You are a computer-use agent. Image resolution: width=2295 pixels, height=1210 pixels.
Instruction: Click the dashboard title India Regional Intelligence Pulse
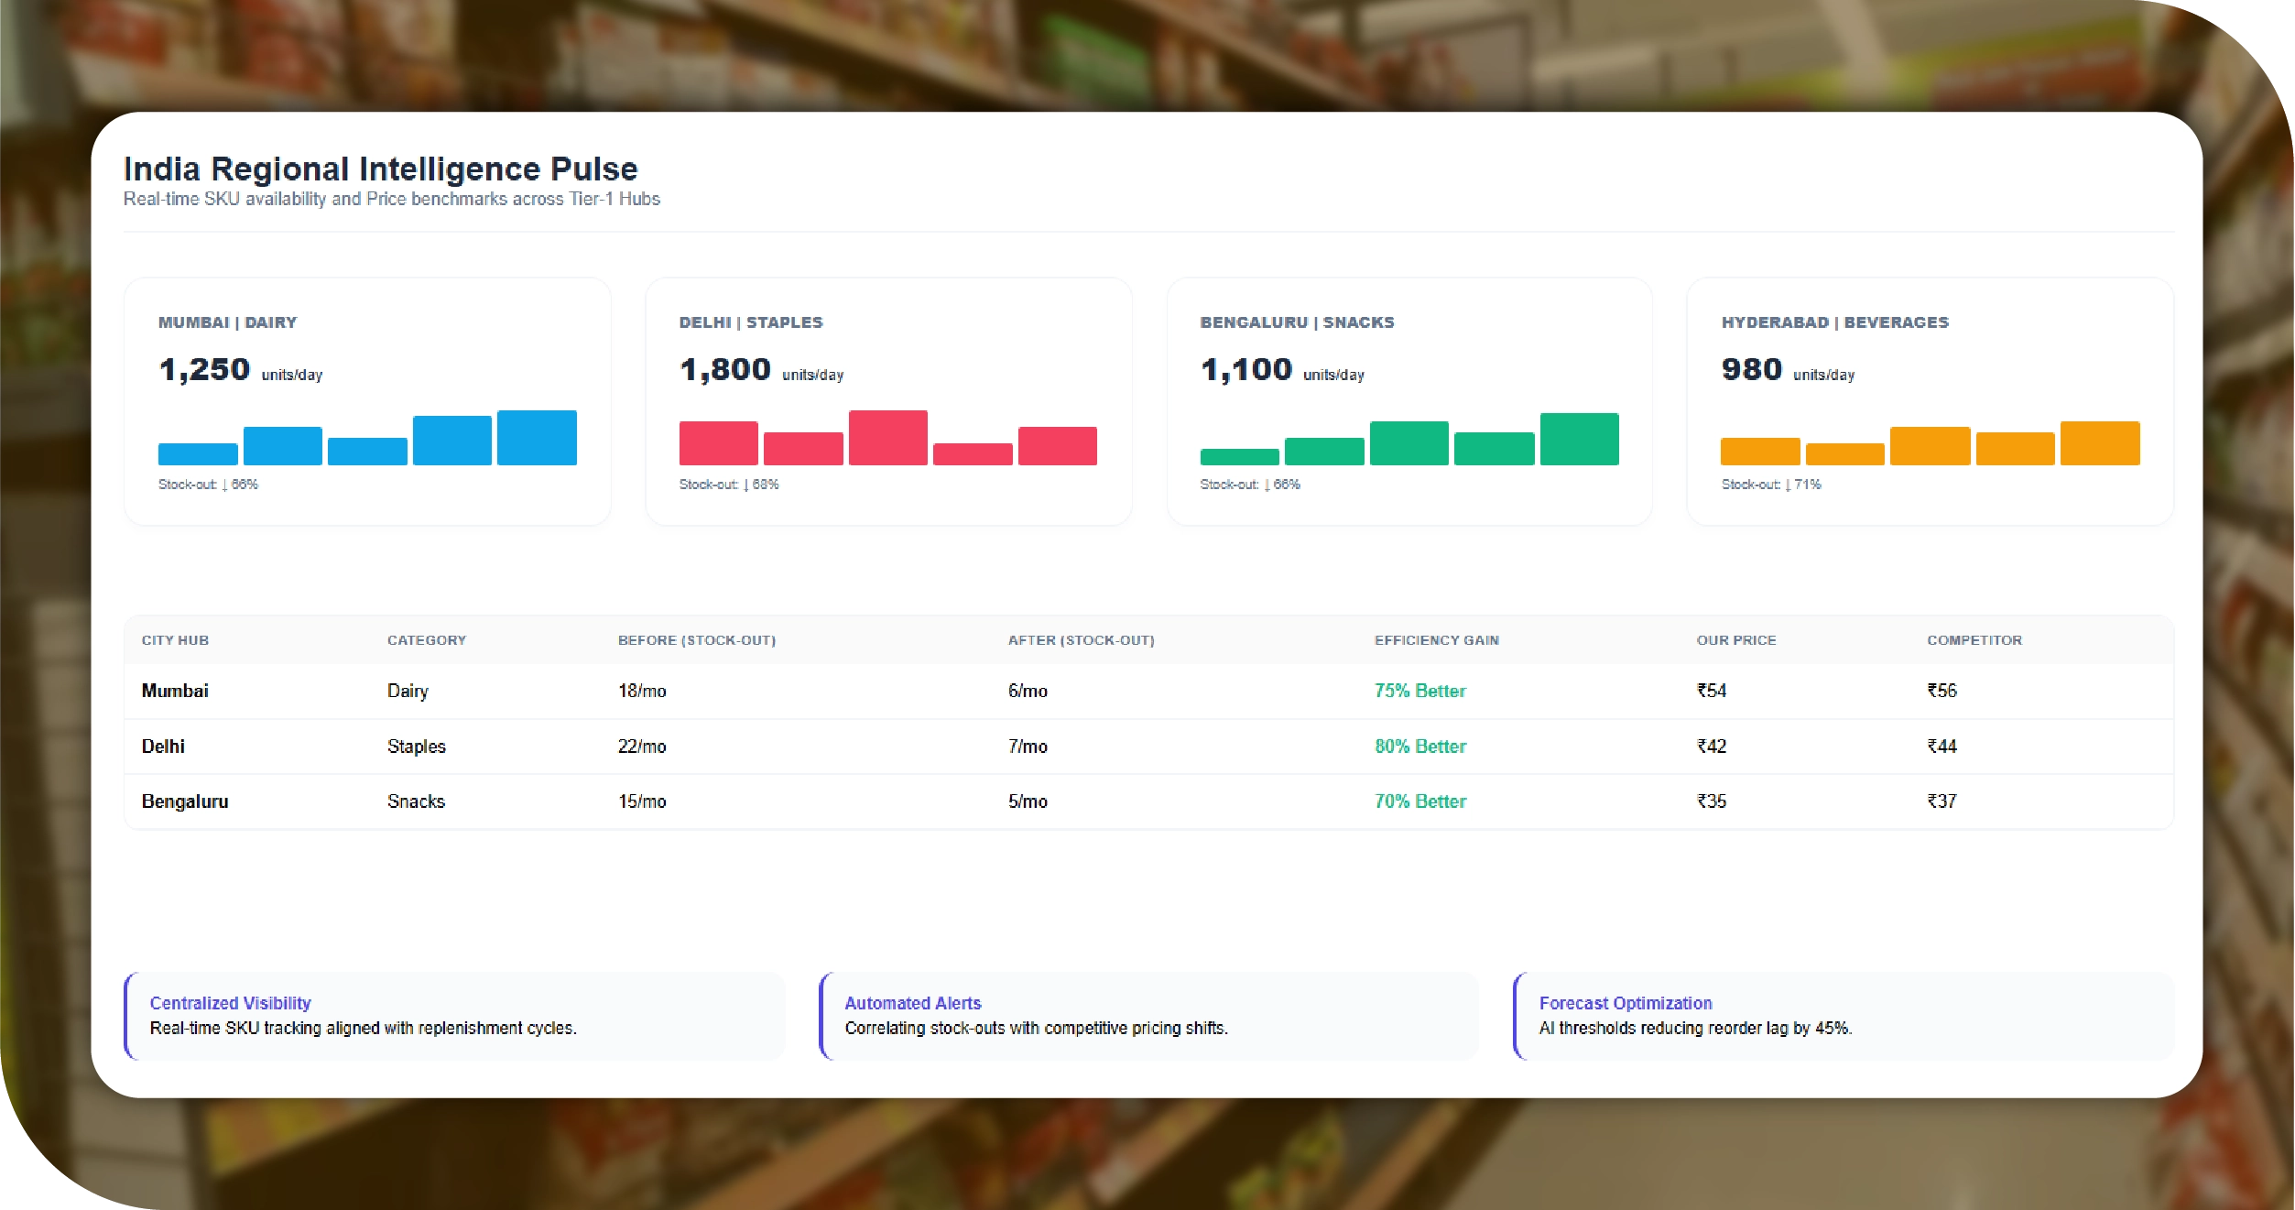pyautogui.click(x=380, y=169)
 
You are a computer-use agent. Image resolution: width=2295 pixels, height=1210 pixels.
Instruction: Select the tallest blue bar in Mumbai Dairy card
pyautogui.click(x=537, y=438)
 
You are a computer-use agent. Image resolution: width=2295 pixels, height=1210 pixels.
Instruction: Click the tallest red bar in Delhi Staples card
pyautogui.click(x=887, y=438)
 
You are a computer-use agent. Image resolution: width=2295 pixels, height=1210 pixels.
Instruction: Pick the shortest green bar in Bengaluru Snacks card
pyautogui.click(x=1239, y=456)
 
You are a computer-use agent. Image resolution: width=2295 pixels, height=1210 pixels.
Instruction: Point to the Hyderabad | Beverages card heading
pyautogui.click(x=1834, y=322)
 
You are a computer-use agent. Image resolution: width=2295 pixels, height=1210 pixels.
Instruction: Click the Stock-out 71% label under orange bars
pyautogui.click(x=1770, y=485)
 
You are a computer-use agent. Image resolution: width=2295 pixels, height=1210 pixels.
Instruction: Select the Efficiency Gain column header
pyautogui.click(x=1436, y=640)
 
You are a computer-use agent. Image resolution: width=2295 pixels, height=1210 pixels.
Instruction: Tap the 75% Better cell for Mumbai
pyautogui.click(x=1419, y=691)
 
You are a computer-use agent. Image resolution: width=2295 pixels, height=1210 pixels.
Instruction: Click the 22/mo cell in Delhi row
pyautogui.click(x=641, y=747)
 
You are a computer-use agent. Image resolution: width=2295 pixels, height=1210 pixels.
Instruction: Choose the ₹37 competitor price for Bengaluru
pyautogui.click(x=1942, y=801)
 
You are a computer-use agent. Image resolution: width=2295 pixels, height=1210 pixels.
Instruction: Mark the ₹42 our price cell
pyautogui.click(x=1711, y=747)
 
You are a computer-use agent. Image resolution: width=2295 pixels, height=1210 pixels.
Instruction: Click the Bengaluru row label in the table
pyautogui.click(x=185, y=801)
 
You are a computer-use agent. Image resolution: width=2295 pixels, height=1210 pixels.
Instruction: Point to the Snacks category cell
pyautogui.click(x=416, y=801)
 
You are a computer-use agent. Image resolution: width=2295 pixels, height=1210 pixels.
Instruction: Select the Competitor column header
pyautogui.click(x=1974, y=640)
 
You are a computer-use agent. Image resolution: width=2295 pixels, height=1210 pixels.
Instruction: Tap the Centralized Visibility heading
pyautogui.click(x=230, y=1003)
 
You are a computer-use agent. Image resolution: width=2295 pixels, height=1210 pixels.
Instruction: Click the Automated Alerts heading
pyautogui.click(x=912, y=1003)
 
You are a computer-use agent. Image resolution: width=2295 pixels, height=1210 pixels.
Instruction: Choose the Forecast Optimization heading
pyautogui.click(x=1625, y=1003)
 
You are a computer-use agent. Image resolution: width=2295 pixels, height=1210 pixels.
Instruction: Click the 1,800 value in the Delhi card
pyautogui.click(x=725, y=370)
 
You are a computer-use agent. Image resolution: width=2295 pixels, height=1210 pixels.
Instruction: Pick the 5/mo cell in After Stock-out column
pyautogui.click(x=1028, y=801)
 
